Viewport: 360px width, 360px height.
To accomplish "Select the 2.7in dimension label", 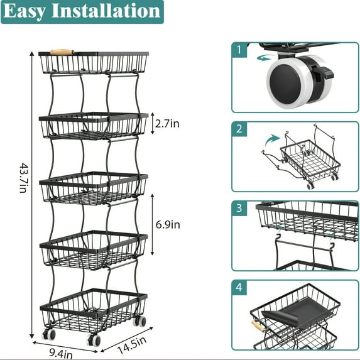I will pos(166,124).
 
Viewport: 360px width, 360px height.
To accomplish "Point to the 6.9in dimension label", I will pos(167,224).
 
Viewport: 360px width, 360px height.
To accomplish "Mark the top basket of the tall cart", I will pos(94,63).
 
